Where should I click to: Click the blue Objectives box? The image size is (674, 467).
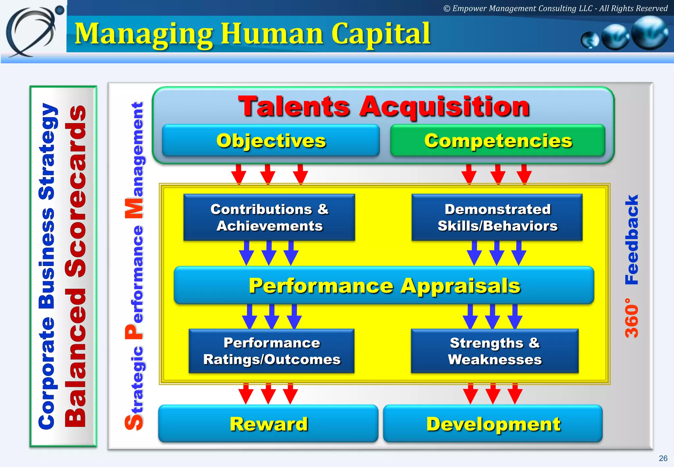271,141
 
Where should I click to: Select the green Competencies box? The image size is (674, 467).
498,141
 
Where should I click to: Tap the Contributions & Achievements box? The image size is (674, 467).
269,217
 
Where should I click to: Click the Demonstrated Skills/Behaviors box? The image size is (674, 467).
497,217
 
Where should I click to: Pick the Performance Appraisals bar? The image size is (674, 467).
384,286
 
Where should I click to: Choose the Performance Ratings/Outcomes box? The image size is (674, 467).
272,351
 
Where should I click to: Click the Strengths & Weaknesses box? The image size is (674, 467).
495,351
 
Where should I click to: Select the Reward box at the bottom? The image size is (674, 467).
268,424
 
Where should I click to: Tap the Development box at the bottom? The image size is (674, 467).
493,424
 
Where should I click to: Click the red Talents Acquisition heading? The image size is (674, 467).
384,106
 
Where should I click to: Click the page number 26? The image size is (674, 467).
663,458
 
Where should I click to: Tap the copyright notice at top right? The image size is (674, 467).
555,9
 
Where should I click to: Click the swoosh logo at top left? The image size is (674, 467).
33,31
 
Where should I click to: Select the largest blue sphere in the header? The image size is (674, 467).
649,33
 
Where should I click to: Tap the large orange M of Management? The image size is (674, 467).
134,208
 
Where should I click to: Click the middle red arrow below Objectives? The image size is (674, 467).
268,174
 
